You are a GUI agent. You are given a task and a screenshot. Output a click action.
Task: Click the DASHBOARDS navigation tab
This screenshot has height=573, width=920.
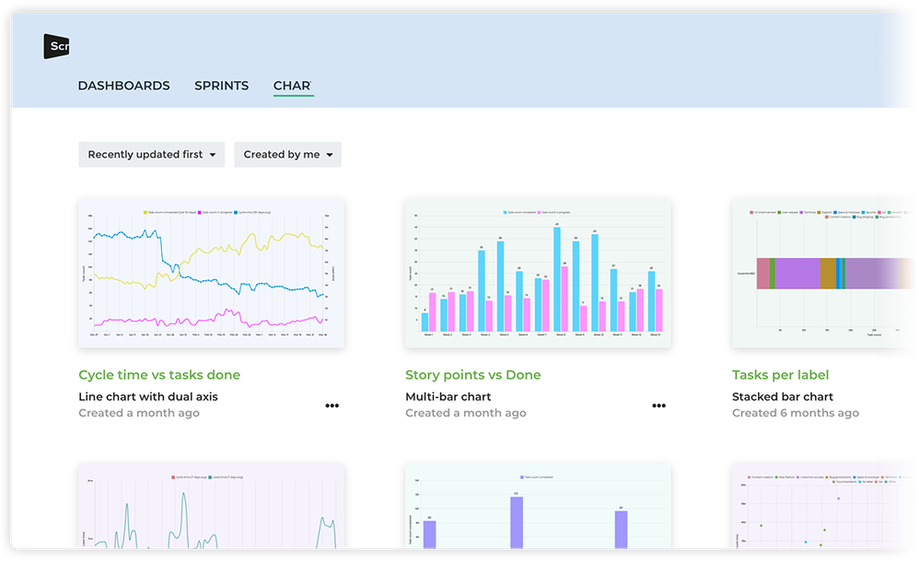pyautogui.click(x=123, y=86)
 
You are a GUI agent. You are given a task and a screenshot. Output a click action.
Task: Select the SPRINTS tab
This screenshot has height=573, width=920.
pyautogui.click(x=221, y=86)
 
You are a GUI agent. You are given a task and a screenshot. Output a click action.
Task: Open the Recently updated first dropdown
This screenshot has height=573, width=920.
pyautogui.click(x=151, y=155)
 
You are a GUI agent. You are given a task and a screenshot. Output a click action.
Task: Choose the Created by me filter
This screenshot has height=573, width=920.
pyautogui.click(x=287, y=155)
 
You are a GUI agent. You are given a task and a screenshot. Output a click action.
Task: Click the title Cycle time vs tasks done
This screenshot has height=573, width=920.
pyautogui.click(x=159, y=375)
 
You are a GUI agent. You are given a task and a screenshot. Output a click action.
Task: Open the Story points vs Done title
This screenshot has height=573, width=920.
pyautogui.click(x=472, y=375)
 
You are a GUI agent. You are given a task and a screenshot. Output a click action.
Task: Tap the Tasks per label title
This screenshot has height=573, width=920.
pyautogui.click(x=780, y=375)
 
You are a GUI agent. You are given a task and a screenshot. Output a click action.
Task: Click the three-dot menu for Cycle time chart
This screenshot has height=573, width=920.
pyautogui.click(x=332, y=405)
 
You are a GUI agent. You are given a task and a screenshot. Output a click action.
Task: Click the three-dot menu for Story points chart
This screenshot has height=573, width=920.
pyautogui.click(x=658, y=405)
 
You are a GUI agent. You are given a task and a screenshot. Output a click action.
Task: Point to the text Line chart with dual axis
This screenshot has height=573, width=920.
pyautogui.click(x=148, y=397)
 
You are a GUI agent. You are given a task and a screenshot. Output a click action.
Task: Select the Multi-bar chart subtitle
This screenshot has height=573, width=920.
pyautogui.click(x=448, y=397)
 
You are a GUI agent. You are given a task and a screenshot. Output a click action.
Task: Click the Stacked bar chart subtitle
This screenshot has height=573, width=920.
pyautogui.click(x=782, y=397)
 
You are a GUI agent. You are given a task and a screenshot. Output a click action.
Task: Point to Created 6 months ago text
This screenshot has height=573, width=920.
pyautogui.click(x=795, y=413)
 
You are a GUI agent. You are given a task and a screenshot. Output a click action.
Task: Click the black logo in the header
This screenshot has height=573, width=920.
pyautogui.click(x=56, y=46)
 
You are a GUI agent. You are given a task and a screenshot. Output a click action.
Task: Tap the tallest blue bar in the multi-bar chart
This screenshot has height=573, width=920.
pyautogui.click(x=557, y=276)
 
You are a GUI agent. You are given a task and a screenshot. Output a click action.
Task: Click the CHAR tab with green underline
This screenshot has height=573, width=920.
pyautogui.click(x=293, y=86)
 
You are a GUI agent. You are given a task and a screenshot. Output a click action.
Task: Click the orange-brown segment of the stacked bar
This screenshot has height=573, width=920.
pyautogui.click(x=828, y=274)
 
